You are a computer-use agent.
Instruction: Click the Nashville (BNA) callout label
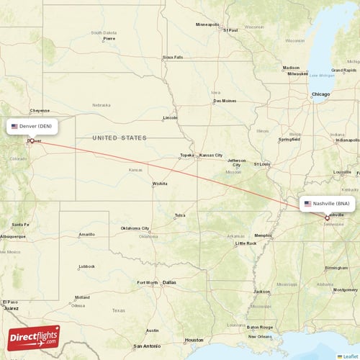pos(327,204)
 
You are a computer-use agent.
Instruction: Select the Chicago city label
pos(320,94)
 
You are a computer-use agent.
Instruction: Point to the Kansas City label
pos(211,156)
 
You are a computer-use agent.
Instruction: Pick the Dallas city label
pos(169,282)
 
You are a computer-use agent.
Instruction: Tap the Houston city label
pos(194,339)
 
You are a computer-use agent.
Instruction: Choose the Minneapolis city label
pos(208,24)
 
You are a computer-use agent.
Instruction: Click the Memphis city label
pos(264,235)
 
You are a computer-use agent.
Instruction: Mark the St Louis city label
pos(261,164)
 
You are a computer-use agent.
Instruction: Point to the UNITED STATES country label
pos(120,138)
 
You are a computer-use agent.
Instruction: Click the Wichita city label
pos(159,184)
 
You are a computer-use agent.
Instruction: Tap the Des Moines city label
pos(224,101)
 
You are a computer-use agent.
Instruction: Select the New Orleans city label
pos(260,336)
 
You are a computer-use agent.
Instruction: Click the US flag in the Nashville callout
pos(307,204)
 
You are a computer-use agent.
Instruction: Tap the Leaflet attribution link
pos(350,356)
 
